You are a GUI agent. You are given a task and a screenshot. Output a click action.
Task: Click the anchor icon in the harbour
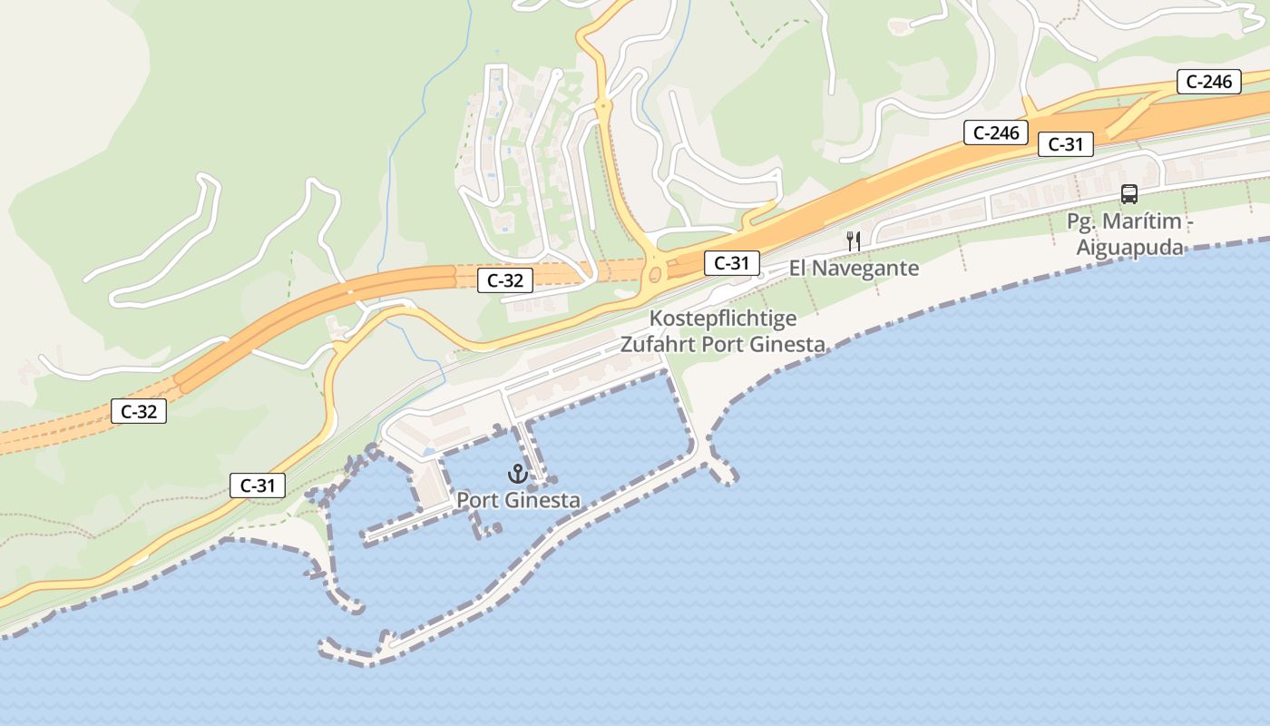517,474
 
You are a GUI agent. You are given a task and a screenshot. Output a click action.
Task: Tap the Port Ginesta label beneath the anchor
518,500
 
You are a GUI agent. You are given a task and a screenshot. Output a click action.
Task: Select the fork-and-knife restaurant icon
853,240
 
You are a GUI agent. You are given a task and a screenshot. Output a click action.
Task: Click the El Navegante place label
854,268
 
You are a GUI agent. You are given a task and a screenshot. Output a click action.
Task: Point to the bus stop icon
1129,193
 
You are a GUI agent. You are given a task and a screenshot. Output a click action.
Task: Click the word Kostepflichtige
723,319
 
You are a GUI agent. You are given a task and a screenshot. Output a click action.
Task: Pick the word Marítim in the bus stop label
1141,221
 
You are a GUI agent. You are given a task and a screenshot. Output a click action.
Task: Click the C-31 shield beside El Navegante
731,263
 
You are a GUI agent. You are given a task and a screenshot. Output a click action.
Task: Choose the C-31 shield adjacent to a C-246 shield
1066,143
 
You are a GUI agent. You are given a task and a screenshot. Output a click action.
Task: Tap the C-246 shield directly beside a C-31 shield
996,132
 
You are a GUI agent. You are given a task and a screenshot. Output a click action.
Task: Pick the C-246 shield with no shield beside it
1209,82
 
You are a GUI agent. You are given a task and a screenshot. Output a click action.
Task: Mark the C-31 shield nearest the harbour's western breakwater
258,486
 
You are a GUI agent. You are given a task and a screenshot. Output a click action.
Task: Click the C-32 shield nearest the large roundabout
505,280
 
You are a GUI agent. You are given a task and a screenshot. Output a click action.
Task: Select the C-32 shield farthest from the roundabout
138,411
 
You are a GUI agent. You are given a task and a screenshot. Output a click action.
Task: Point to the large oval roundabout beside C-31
653,270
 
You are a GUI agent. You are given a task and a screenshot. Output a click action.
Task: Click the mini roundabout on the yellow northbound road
602,106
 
